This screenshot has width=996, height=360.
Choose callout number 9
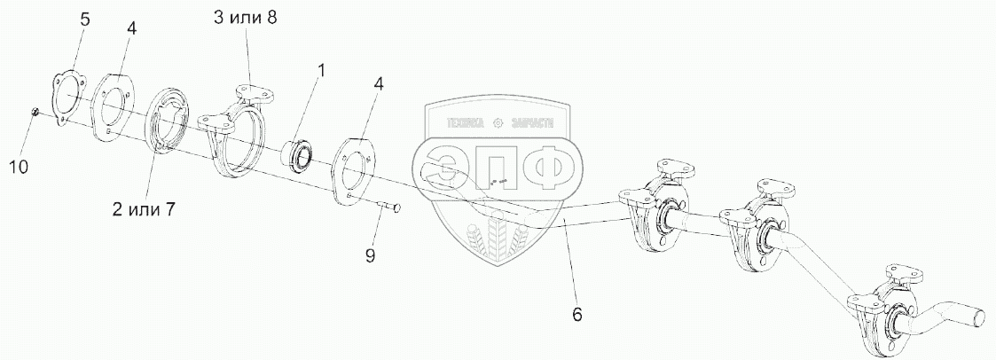tap(370, 255)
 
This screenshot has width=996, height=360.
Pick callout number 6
tap(576, 313)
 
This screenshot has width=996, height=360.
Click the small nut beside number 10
tap(34, 112)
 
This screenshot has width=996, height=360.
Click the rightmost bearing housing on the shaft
tap(887, 308)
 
